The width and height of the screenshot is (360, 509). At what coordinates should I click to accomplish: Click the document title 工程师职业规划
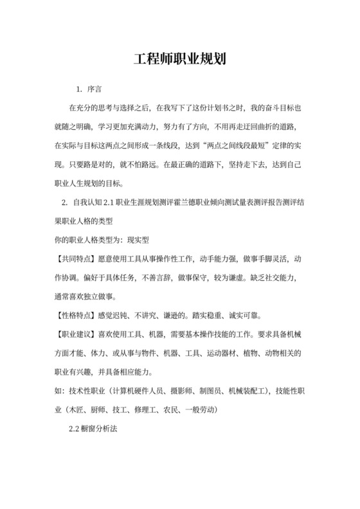pyautogui.click(x=179, y=61)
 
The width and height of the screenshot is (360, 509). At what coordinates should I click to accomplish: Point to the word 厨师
pyautogui.click(x=97, y=409)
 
